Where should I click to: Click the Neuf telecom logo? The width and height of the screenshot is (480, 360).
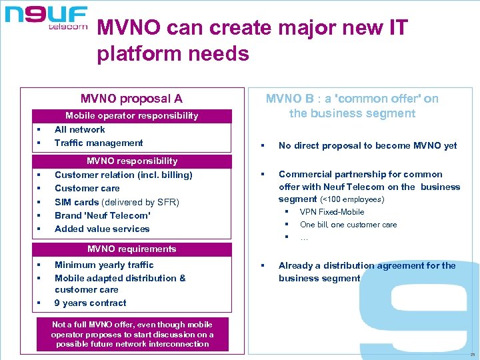point(47,17)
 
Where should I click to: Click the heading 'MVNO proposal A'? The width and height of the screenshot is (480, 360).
point(131,99)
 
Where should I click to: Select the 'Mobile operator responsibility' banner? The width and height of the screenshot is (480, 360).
point(131,115)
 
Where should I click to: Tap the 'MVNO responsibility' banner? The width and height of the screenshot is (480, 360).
point(132,161)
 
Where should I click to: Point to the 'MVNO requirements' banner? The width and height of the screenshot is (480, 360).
point(131,249)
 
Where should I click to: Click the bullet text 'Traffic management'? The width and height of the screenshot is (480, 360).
point(99,143)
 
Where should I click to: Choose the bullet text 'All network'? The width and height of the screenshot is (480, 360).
point(79,129)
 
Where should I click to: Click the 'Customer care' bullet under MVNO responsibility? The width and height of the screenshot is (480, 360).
point(87,188)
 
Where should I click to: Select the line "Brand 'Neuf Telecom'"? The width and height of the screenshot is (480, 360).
point(102,215)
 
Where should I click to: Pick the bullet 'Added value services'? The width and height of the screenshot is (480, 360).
point(102,229)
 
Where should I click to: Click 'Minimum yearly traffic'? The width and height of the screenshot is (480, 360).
point(104,265)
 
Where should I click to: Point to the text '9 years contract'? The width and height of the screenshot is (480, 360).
point(90,303)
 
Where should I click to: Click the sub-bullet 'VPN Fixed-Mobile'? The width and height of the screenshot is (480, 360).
point(332,212)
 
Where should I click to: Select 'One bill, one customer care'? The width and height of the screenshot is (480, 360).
point(348,225)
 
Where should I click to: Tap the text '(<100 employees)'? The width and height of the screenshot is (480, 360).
point(353,199)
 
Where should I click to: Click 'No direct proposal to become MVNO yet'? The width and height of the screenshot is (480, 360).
point(367,145)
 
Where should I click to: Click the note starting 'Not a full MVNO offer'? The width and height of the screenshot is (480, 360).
point(132,334)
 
